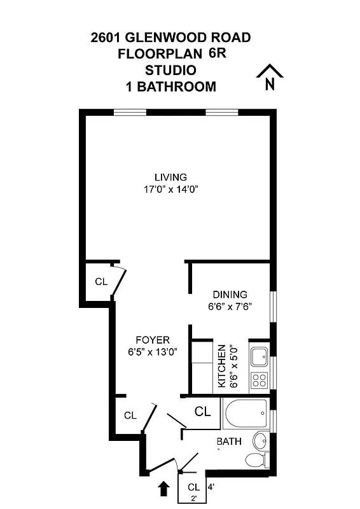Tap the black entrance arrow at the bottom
[x=163, y=488]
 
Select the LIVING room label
[x=170, y=177]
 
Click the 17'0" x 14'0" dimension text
[x=170, y=190]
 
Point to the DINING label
[x=230, y=294]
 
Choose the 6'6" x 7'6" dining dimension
[x=230, y=306]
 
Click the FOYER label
[x=152, y=340]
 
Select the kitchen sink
[x=259, y=357]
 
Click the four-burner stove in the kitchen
[x=259, y=380]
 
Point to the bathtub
[x=245, y=414]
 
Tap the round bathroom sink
[x=260, y=440]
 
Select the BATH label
[x=228, y=442]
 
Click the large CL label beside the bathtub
[x=202, y=412]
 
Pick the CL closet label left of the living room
[x=100, y=281]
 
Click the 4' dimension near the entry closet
[x=211, y=489]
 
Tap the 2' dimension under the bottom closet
[x=193, y=499]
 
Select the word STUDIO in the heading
[x=170, y=69]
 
